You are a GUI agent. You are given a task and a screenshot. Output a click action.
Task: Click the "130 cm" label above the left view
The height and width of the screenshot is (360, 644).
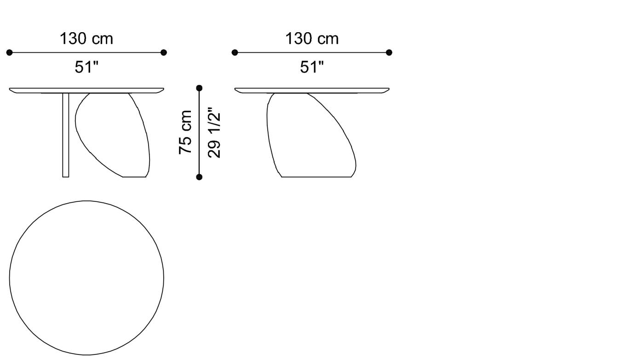86,39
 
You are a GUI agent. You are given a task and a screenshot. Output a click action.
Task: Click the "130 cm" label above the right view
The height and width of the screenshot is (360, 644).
312,39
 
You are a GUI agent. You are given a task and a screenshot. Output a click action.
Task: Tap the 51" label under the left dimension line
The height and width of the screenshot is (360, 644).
86,68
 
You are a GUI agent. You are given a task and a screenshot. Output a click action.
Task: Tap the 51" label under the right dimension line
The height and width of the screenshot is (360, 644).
312,68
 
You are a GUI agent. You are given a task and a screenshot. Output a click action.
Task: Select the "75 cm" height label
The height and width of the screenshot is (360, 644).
185,132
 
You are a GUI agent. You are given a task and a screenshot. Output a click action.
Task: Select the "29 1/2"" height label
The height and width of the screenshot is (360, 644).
214,133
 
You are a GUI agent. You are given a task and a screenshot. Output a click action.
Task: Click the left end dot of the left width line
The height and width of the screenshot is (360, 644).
10,53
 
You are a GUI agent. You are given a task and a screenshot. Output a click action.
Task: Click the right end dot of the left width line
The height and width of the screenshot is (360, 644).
164,53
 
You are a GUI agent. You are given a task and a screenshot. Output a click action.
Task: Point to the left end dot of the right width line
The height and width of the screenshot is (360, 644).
235,53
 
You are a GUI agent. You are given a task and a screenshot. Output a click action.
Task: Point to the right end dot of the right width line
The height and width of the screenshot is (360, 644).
389,53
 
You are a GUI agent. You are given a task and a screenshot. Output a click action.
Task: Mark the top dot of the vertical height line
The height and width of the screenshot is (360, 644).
199,88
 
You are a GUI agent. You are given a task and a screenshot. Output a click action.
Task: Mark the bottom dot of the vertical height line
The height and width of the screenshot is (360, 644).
199,177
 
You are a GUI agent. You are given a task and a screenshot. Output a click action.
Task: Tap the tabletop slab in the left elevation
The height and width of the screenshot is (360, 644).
86,90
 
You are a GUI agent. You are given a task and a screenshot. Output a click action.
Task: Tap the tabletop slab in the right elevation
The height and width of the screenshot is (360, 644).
312,90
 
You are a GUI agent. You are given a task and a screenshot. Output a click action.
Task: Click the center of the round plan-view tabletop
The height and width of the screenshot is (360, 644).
86,278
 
